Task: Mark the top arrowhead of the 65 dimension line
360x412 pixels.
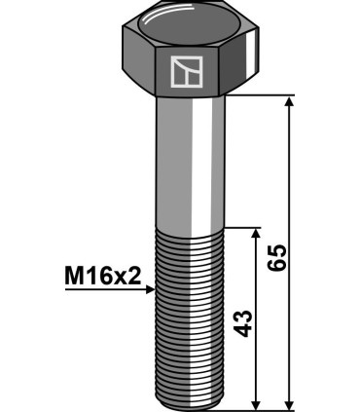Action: (289, 102)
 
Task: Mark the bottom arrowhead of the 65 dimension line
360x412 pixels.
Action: (289, 401)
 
